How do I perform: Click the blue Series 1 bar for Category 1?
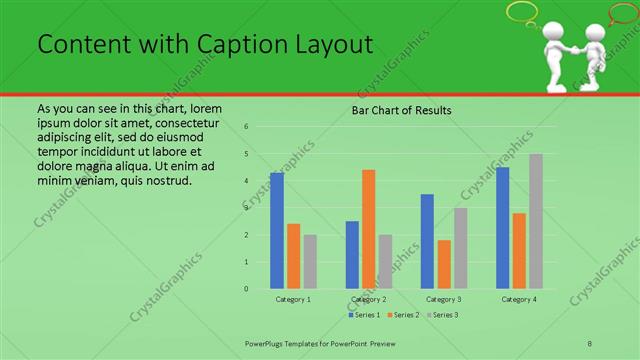(x=277, y=231)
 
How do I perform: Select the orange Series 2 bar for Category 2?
(x=368, y=229)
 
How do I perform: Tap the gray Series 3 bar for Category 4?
(x=536, y=221)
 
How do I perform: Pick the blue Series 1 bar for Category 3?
(x=427, y=241)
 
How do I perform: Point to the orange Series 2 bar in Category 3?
(x=444, y=264)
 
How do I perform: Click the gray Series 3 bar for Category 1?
(x=310, y=262)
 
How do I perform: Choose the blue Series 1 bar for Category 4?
(x=503, y=228)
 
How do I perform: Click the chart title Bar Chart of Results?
(x=401, y=110)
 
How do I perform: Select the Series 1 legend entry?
(x=364, y=315)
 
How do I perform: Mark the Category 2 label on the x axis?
(x=369, y=299)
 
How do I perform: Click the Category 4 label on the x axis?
(x=519, y=299)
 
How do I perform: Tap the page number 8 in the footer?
(x=590, y=343)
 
